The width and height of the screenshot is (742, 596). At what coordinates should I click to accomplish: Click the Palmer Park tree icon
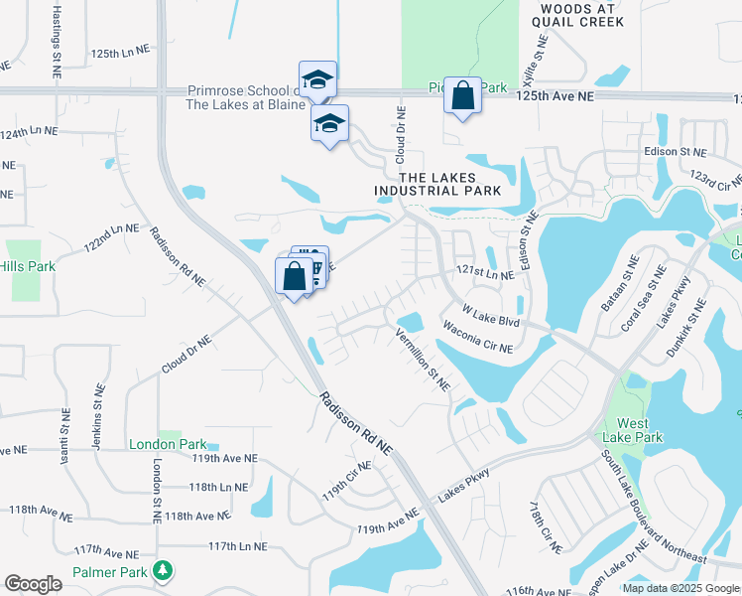[x=159, y=571]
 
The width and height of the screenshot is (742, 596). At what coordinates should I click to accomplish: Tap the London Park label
[x=167, y=444]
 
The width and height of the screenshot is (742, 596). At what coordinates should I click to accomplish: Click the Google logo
[x=33, y=584]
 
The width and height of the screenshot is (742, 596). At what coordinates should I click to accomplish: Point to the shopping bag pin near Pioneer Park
[x=462, y=95]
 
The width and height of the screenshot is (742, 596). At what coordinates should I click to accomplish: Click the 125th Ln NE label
[x=118, y=52]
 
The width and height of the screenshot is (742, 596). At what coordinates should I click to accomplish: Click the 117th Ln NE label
[x=238, y=546]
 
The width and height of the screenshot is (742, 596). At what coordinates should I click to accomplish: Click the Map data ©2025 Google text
[x=680, y=588]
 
